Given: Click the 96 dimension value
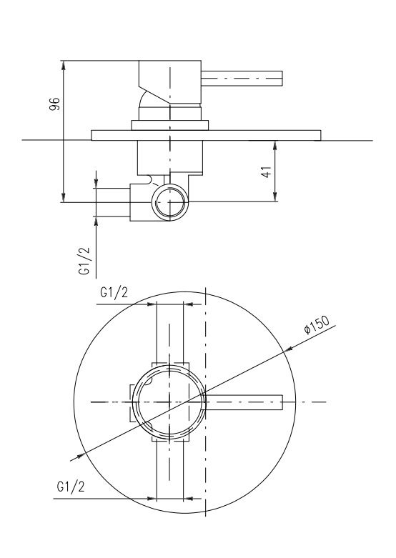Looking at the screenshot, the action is [54, 103].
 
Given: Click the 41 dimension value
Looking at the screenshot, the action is [267, 171].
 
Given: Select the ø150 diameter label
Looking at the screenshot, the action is [317, 324].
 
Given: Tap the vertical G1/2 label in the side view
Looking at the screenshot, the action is [84, 261].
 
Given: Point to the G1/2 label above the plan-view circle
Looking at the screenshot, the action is [114, 292].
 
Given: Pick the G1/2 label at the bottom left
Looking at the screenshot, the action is [71, 487].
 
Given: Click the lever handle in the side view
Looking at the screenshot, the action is [242, 79].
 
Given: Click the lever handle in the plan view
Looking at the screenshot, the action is [244, 402].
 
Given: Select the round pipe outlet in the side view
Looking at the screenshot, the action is [170, 201].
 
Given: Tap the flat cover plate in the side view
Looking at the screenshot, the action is [206, 135].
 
